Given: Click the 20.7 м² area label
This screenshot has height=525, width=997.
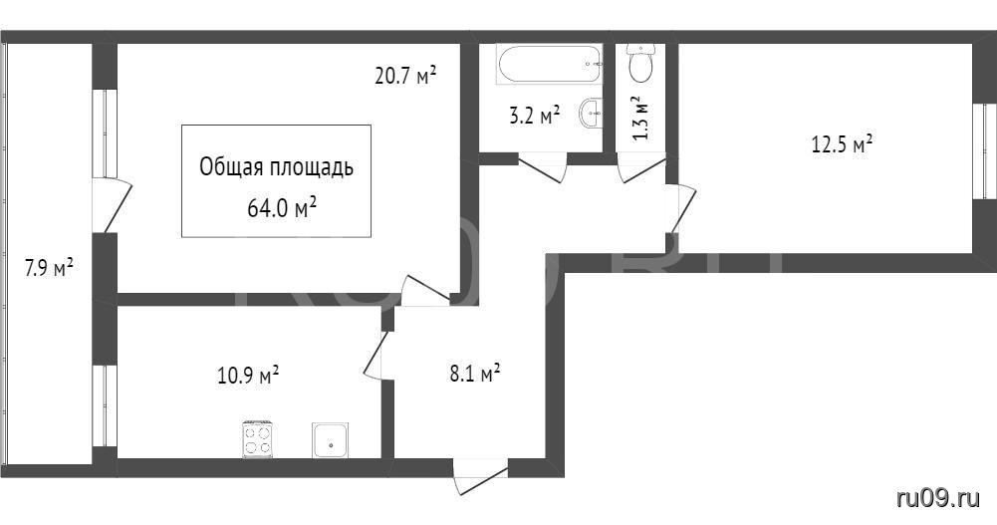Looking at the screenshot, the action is [x=405, y=77].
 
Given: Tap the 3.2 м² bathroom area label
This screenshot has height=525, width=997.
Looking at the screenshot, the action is [x=535, y=116].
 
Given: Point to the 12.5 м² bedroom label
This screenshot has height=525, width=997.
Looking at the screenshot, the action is [x=842, y=144].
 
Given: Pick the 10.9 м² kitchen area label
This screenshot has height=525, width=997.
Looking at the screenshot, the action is [x=249, y=375].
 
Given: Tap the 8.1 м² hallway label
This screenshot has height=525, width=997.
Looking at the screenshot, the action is [x=475, y=374].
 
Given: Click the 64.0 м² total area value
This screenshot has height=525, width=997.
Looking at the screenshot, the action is [x=282, y=208].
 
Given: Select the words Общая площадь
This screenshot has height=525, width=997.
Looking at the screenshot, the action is [x=276, y=167].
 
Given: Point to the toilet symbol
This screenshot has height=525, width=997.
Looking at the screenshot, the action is [x=640, y=63].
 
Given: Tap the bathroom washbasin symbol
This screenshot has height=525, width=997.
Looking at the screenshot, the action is [x=591, y=115].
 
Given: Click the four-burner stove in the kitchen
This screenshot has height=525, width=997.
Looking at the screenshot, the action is [x=258, y=439].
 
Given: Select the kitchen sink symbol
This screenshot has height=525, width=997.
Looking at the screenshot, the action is [x=330, y=440].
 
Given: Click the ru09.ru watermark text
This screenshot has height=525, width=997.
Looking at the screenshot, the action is [x=938, y=498].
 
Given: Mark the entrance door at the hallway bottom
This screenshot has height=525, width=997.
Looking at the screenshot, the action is [x=481, y=476].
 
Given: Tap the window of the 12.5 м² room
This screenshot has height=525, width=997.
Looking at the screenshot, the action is [x=984, y=151].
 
